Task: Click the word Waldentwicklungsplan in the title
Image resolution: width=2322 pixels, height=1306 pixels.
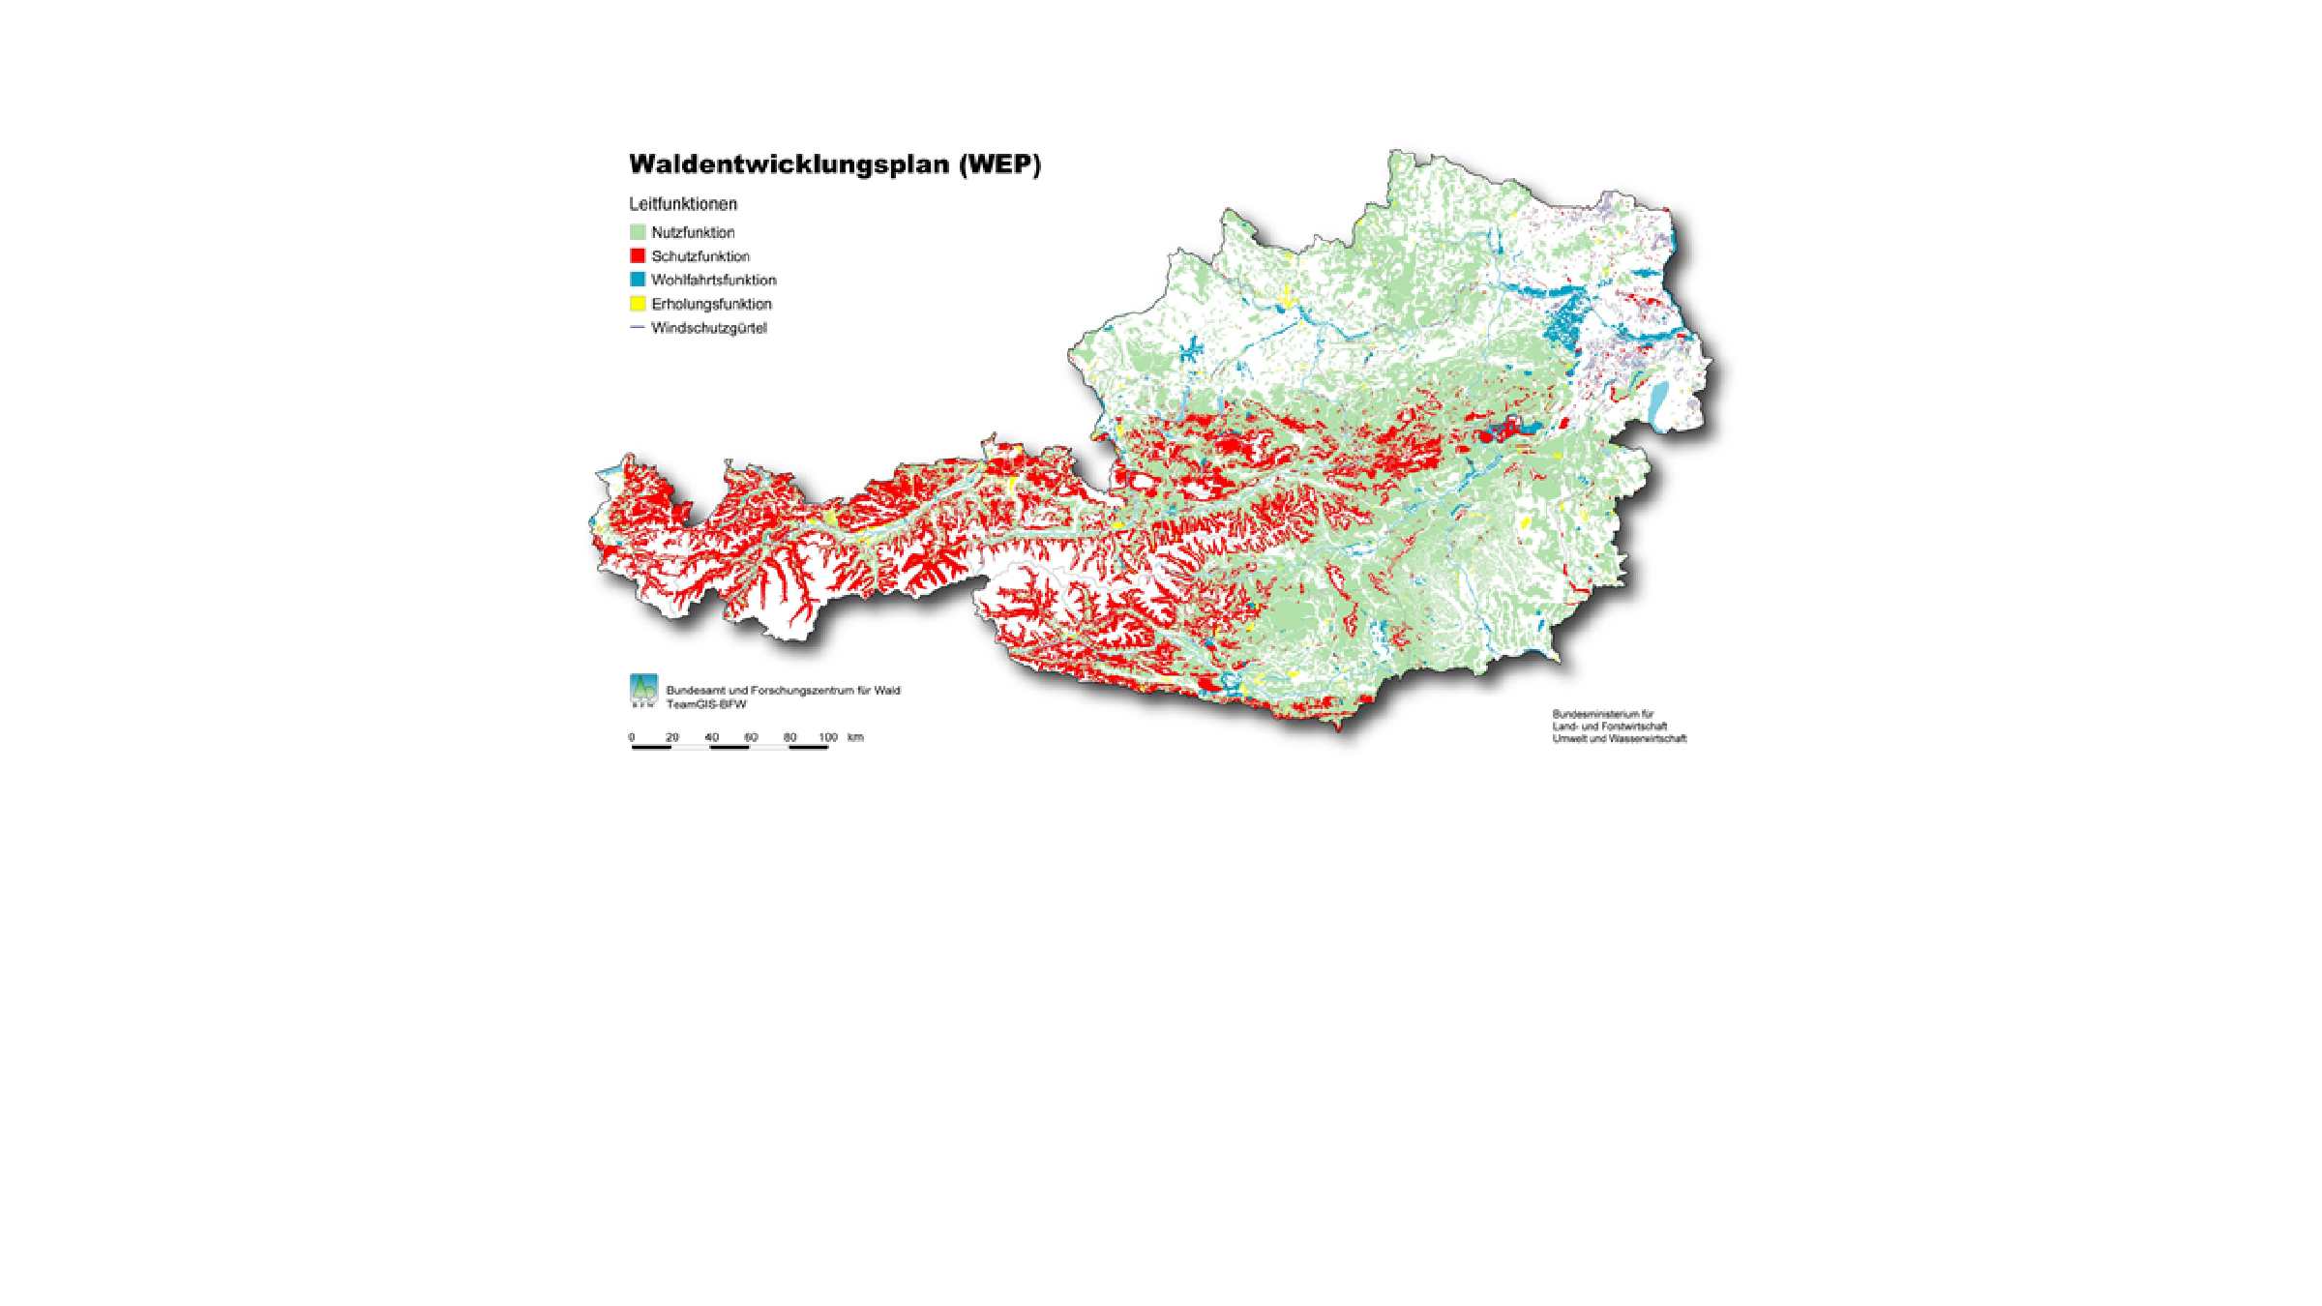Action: click(x=789, y=164)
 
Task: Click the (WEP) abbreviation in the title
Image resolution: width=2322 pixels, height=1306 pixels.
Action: click(x=999, y=164)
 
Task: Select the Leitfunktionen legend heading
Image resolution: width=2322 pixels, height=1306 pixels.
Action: click(x=683, y=204)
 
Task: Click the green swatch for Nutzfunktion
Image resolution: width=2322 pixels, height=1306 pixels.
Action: click(x=638, y=232)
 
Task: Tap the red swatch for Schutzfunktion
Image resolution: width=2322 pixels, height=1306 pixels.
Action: click(x=638, y=256)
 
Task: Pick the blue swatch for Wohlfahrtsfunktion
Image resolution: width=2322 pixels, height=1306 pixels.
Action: click(x=638, y=280)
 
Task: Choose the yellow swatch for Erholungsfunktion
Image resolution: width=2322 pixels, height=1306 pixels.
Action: click(x=638, y=304)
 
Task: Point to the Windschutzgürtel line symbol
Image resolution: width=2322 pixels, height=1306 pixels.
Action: click(x=638, y=328)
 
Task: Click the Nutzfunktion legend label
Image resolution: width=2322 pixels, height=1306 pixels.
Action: click(x=693, y=232)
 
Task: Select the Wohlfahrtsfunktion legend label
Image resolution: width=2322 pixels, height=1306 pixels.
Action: click(x=714, y=280)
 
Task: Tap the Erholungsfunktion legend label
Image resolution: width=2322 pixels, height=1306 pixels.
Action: click(x=711, y=304)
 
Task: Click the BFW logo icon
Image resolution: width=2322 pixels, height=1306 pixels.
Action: click(x=643, y=691)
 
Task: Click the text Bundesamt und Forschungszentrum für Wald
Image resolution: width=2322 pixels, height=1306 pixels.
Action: click(x=783, y=691)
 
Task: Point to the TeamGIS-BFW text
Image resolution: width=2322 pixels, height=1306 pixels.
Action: click(x=706, y=704)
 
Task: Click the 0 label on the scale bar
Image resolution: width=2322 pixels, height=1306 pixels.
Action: click(x=632, y=737)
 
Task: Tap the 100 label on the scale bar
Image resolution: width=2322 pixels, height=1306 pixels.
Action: click(x=828, y=737)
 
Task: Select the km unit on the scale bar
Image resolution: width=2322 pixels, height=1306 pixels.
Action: click(x=855, y=737)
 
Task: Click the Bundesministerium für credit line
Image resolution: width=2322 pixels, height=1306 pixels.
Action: click(x=1603, y=714)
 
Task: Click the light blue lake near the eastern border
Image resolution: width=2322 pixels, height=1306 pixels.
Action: click(x=1660, y=401)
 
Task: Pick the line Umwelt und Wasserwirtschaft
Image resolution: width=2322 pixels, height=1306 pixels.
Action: click(x=1619, y=739)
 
